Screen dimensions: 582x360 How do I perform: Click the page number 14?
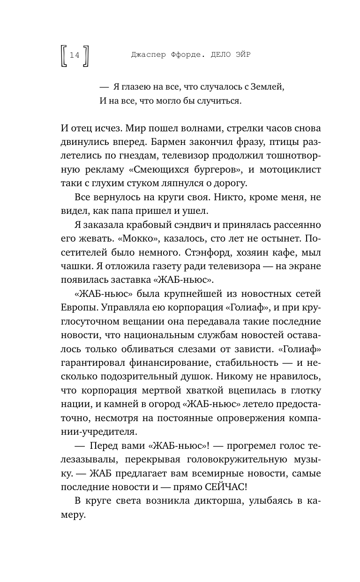pyautogui.click(x=75, y=55)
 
